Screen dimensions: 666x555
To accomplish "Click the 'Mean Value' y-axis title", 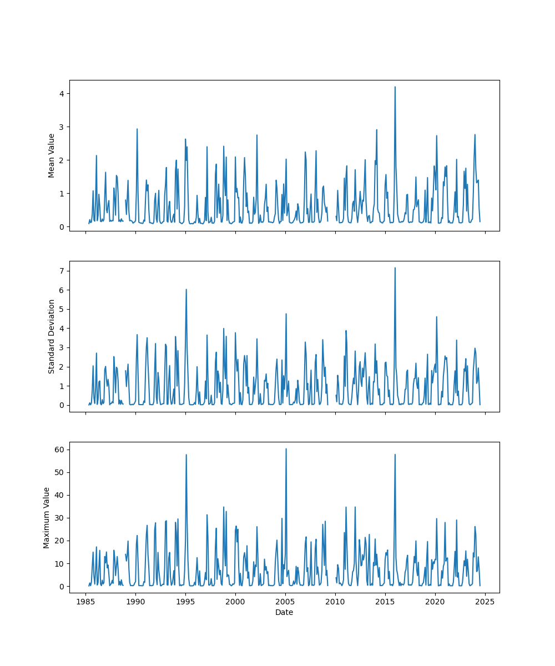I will coord(52,155).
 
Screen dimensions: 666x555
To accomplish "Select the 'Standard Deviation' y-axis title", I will coord(52,336).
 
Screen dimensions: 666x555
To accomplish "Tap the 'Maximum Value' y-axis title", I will coord(47,517).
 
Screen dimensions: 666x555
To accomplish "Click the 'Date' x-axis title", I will coord(284,612).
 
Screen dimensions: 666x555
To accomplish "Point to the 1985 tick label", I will coord(85,602).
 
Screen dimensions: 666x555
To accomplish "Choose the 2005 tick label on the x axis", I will coord(285,602).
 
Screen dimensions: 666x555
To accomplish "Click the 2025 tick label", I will coord(485,602).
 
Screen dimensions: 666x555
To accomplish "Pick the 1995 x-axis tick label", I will coord(185,602).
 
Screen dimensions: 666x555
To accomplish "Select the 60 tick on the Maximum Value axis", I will coord(59,449).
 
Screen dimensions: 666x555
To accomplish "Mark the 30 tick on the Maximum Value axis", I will coord(59,518).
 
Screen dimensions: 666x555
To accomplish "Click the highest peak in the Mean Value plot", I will coord(395,87).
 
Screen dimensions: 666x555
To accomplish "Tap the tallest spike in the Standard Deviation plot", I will coord(395,268).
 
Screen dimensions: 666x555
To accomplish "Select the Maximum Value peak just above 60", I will coord(286,449).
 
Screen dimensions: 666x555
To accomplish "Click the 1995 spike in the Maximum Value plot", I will coord(186,455).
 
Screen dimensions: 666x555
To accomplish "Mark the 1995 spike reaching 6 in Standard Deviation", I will coord(186,289).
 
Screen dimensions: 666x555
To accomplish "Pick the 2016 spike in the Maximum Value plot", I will coord(395,455).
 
